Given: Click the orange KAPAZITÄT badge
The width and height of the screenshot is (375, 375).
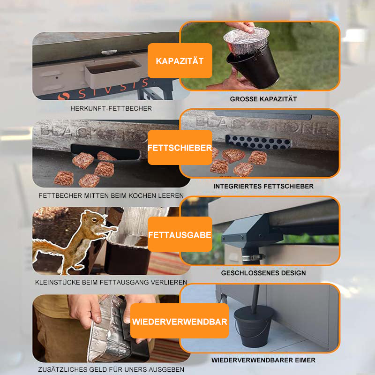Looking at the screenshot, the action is point(180,61).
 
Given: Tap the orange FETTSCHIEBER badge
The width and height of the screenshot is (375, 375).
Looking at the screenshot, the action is point(180,147).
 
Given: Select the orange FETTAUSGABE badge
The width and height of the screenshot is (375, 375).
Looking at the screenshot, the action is point(180,234).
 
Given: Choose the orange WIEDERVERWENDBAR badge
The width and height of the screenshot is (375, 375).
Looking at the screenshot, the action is point(180,321).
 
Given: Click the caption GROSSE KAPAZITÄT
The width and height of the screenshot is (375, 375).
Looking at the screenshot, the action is point(263,99).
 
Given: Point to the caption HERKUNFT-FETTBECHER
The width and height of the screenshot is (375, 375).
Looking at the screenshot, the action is point(111,109).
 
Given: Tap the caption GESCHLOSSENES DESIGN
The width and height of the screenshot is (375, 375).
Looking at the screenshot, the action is point(263,273).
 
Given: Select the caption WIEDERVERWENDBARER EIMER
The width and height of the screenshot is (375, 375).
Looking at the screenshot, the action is point(263,360).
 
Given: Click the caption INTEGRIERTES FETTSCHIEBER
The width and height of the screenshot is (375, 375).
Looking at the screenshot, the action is point(263,186).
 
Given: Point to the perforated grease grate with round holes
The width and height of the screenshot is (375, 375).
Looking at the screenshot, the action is point(258,142).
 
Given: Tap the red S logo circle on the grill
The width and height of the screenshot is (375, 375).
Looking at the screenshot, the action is point(64,96).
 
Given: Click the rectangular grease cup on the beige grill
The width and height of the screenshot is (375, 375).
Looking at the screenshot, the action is point(112,74).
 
